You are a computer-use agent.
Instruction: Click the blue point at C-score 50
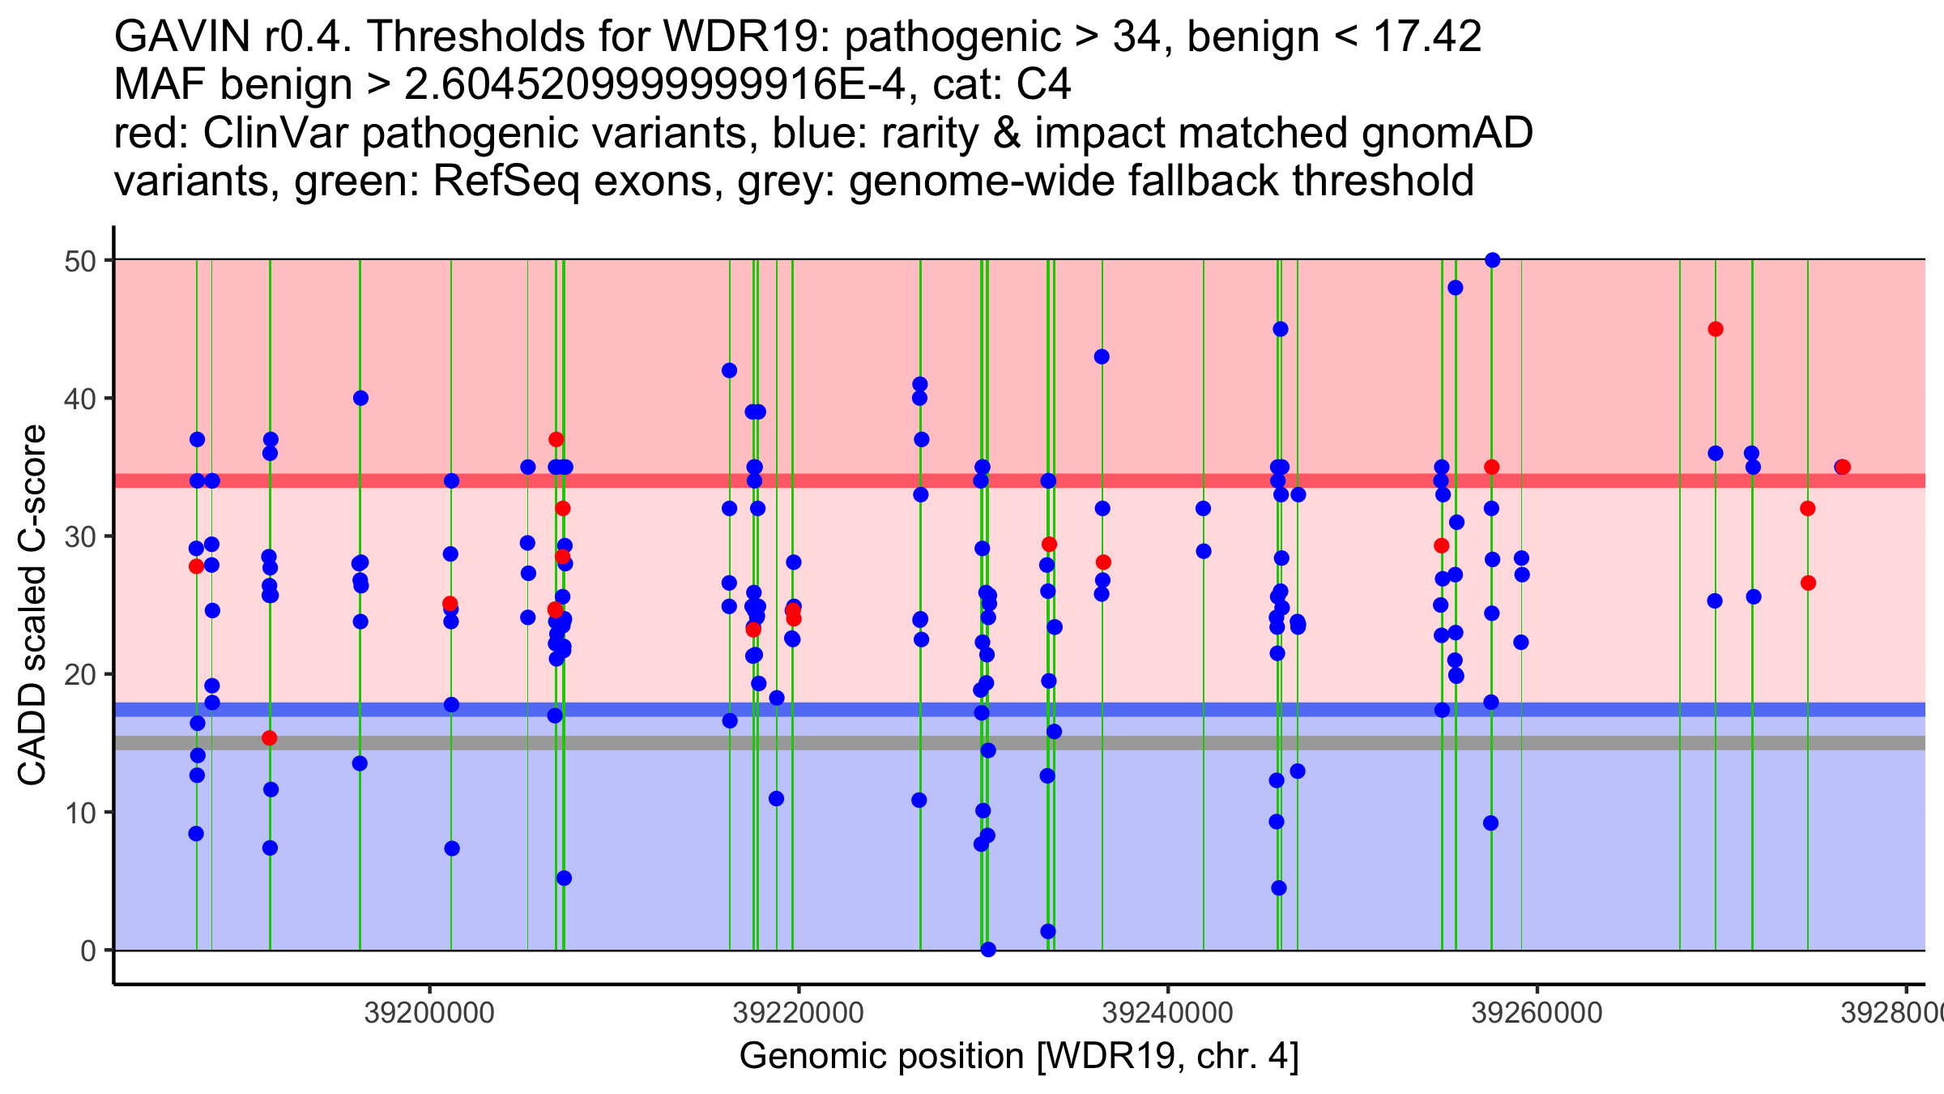[x=1492, y=260]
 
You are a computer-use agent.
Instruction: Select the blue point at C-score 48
[x=1456, y=288]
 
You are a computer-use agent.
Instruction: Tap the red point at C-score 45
[x=1716, y=329]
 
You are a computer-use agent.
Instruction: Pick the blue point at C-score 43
[x=1102, y=357]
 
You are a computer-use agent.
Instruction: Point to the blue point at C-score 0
[x=988, y=950]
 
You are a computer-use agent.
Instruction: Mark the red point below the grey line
[x=270, y=738]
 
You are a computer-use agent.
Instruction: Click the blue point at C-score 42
[x=729, y=370]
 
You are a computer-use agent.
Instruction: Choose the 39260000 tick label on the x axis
[x=1537, y=1013]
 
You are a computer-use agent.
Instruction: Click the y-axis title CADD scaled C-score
[x=32, y=605]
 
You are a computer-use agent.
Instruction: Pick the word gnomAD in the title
[x=1447, y=133]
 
